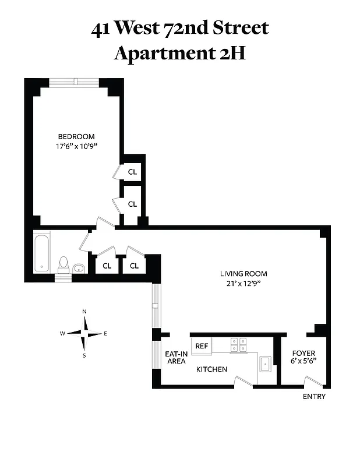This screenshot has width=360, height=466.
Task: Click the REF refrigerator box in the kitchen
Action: pos(202,346)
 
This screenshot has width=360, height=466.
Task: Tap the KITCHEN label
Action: pos(211,369)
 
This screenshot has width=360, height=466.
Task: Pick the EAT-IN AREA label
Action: pos(175,357)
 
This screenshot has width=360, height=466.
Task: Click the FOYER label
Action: pos(303,354)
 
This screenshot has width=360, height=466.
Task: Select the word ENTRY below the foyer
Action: pos(314,397)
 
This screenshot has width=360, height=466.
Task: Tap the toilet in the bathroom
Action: pos(64,265)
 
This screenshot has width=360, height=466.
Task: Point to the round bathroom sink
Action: pos(79,268)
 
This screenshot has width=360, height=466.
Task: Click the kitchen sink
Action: pos(266,364)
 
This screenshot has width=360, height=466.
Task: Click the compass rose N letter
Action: pos(84,312)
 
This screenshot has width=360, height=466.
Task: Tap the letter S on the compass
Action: pos(84,355)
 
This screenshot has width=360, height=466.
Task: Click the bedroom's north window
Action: pos(74,83)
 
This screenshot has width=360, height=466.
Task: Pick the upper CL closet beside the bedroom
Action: pos(132,172)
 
